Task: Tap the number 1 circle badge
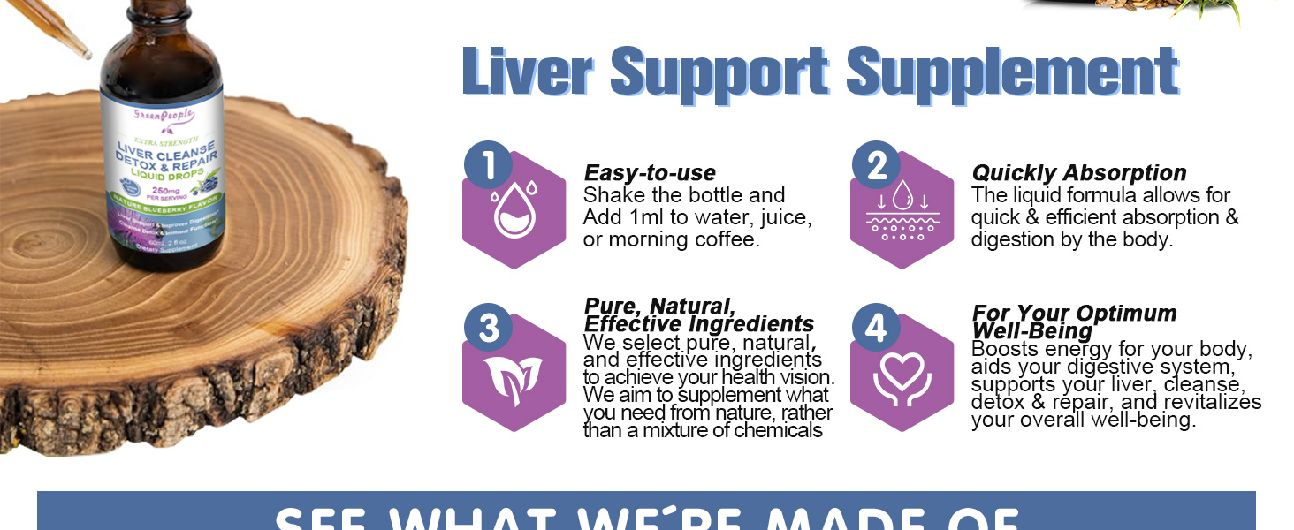pyautogui.click(x=487, y=165)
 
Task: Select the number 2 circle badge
pyautogui.click(x=876, y=165)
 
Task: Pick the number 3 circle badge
pyautogui.click(x=487, y=328)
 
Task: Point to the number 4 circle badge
pyautogui.click(x=875, y=328)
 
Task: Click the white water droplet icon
pyautogui.click(x=514, y=215)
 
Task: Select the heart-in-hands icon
pyautogui.click(x=902, y=376)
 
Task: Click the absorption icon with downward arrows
pyautogui.click(x=902, y=212)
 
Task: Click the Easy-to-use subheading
pyautogui.click(x=650, y=173)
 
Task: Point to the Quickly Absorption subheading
pyautogui.click(x=1078, y=173)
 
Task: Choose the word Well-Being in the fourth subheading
pyautogui.click(x=1031, y=331)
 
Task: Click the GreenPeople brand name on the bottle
pyautogui.click(x=163, y=116)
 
